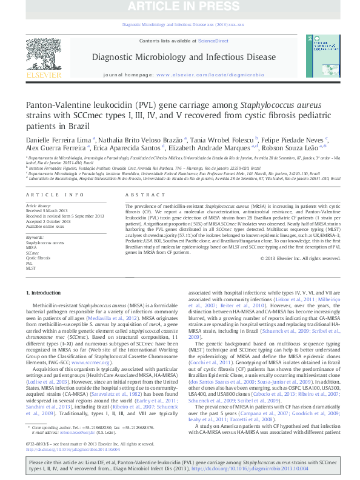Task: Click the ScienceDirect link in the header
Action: (x=213, y=41)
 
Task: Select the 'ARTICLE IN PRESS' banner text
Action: (x=180, y=7)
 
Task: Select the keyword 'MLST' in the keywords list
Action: (x=31, y=268)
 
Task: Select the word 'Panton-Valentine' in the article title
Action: (x=55, y=105)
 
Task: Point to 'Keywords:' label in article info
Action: (x=35, y=237)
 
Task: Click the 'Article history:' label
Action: (x=38, y=206)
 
